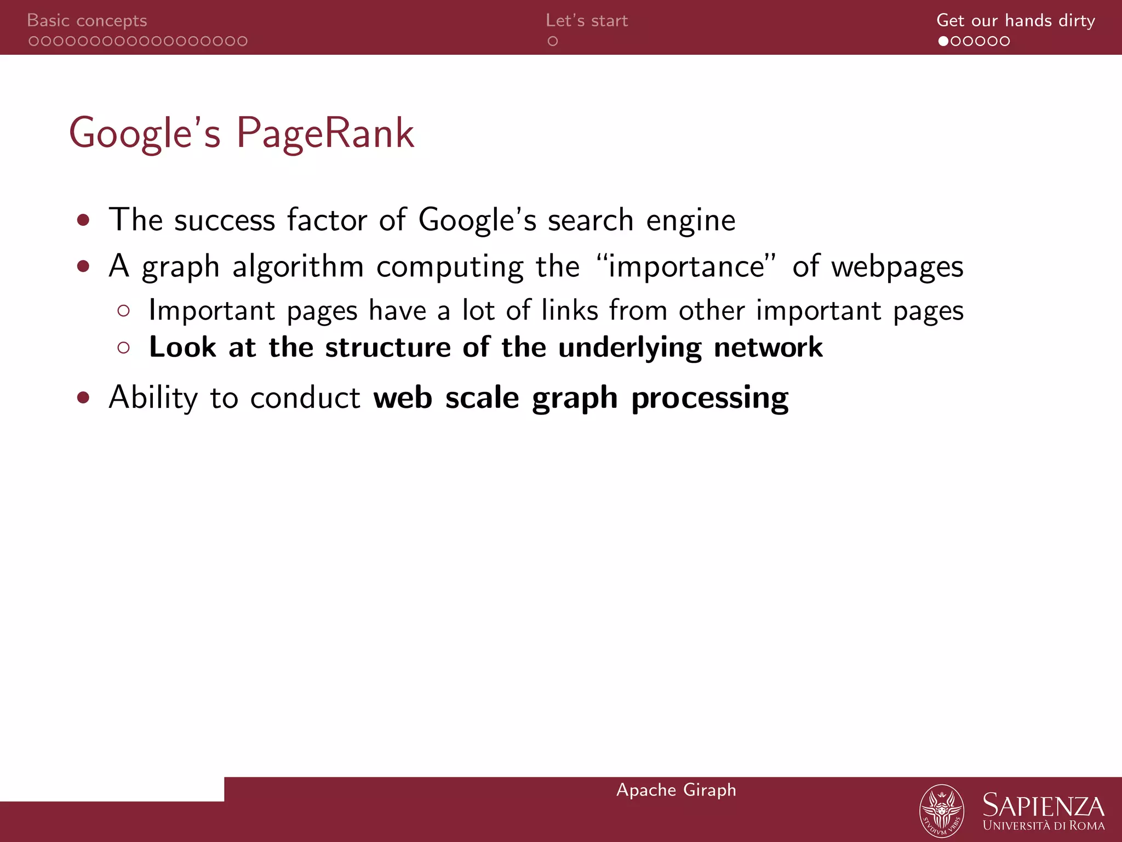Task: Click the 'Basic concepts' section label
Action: coord(87,21)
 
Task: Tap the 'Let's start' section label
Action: coord(587,21)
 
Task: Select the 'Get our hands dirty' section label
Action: coord(1015,21)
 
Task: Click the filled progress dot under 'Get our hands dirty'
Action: coord(943,41)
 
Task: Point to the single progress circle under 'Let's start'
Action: coord(553,41)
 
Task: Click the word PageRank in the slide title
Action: coord(325,133)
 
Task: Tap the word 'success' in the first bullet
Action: coord(225,220)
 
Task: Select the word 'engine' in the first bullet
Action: coord(691,221)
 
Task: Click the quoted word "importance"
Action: coord(687,266)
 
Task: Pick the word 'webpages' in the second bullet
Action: coord(897,268)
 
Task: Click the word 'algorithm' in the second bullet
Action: coord(298,268)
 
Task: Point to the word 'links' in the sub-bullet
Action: coord(569,310)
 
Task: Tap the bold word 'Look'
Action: coord(182,347)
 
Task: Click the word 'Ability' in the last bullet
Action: coord(153,397)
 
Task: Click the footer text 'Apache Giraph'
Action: coord(676,790)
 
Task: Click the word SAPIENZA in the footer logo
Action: coord(1043,806)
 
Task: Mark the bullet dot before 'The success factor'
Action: coord(83,220)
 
